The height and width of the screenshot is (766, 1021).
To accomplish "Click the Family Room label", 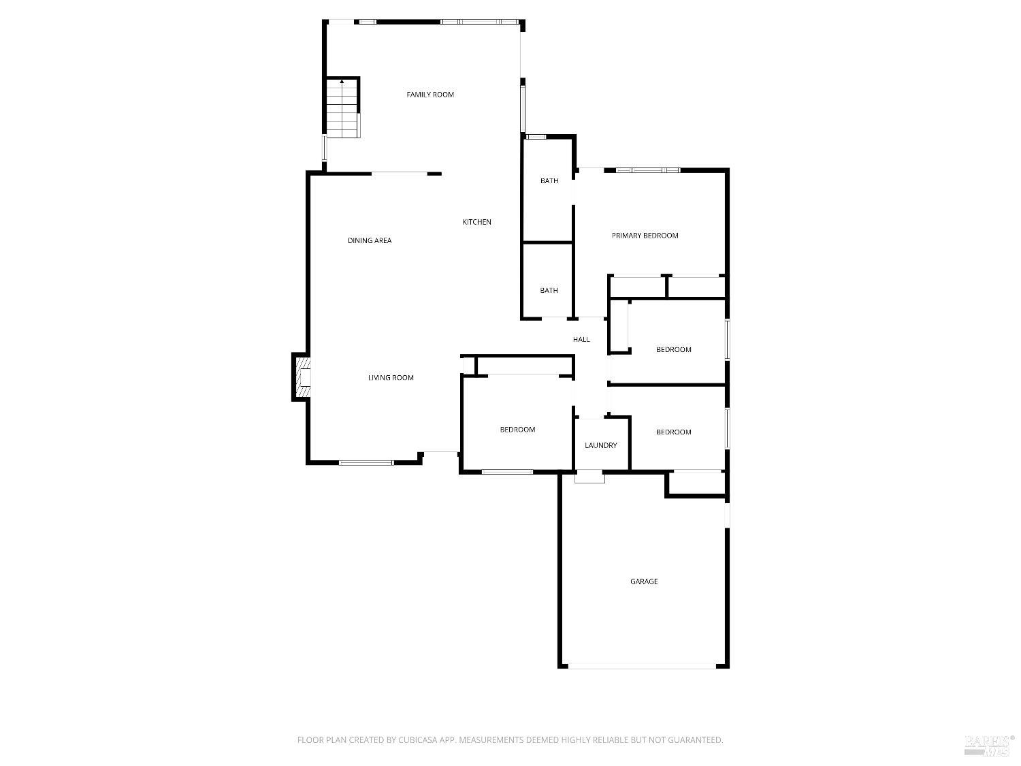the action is tap(430, 95).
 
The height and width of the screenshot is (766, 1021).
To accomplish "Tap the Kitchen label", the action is tap(476, 222).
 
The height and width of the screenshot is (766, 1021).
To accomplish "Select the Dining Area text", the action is tap(370, 240).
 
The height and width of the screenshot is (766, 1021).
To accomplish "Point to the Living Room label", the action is tap(391, 378).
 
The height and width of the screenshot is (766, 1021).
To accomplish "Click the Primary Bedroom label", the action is tap(645, 236).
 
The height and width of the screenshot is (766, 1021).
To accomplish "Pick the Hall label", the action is tap(581, 340).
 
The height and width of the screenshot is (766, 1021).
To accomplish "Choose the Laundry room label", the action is tap(601, 445).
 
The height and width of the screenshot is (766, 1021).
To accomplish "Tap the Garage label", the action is tap(644, 581).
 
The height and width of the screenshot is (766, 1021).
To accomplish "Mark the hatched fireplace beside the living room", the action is tap(302, 377).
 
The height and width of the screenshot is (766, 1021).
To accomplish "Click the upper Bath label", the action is tap(549, 181).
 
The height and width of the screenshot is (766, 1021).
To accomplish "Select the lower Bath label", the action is tap(549, 290).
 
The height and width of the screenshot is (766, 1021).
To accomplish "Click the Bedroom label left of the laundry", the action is tap(518, 430).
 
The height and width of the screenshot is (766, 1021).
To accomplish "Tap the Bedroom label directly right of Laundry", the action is tap(674, 432).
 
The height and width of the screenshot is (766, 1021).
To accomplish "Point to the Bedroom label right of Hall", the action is tap(674, 350).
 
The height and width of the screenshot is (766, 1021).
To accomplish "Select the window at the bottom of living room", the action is tap(366, 463).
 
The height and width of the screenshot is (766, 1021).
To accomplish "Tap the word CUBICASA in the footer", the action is tap(419, 740).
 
